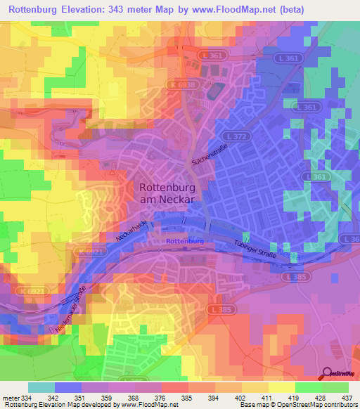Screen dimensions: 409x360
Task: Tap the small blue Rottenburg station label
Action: [x=185, y=241]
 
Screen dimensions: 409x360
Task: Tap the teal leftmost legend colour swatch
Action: [x=41, y=387]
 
